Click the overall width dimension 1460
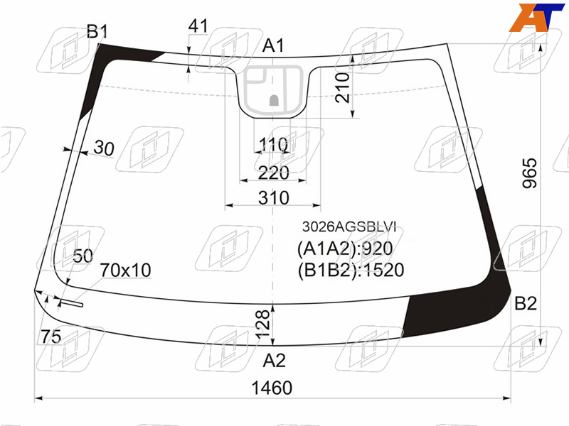[x=272, y=388]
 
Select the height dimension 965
[x=529, y=173]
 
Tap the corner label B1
[x=97, y=31]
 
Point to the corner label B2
[x=526, y=303]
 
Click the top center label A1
[x=274, y=46]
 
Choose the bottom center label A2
[x=274, y=361]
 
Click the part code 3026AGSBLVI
[x=349, y=226]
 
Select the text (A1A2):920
[x=345, y=248]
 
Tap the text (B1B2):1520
[x=351, y=271]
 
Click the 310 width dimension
[x=274, y=198]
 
